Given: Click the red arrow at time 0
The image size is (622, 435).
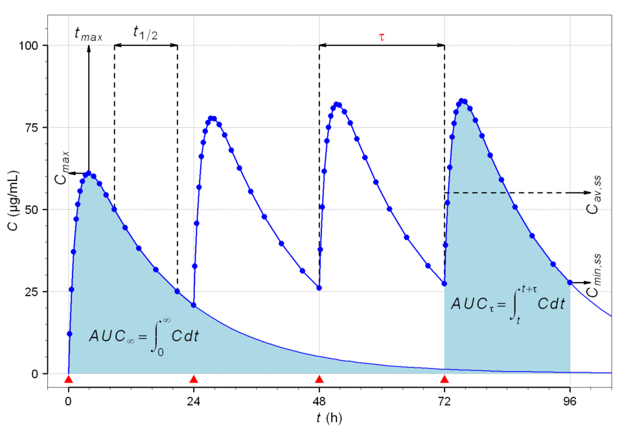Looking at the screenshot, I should click(x=69, y=379).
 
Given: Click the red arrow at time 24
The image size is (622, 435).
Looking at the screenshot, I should click(x=194, y=379).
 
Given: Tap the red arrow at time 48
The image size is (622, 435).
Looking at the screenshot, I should click(x=319, y=379).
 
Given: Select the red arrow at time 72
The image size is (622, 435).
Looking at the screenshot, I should click(x=444, y=379).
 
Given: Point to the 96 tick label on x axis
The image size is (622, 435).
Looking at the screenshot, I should click(x=570, y=400).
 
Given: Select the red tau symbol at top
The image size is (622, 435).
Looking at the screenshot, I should click(x=382, y=37).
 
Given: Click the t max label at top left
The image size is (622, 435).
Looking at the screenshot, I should click(x=88, y=34).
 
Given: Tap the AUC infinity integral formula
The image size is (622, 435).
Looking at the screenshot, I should click(x=144, y=336).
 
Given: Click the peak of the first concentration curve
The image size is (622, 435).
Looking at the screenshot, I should click(x=88, y=173).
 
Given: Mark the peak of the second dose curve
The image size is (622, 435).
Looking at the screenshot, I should click(x=212, y=118).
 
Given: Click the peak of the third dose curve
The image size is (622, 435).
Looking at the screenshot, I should click(x=337, y=104).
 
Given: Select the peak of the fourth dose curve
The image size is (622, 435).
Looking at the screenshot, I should click(x=462, y=100).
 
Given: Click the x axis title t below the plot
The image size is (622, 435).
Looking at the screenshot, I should click(x=328, y=419).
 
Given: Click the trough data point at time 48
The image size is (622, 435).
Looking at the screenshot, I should click(x=319, y=288).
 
